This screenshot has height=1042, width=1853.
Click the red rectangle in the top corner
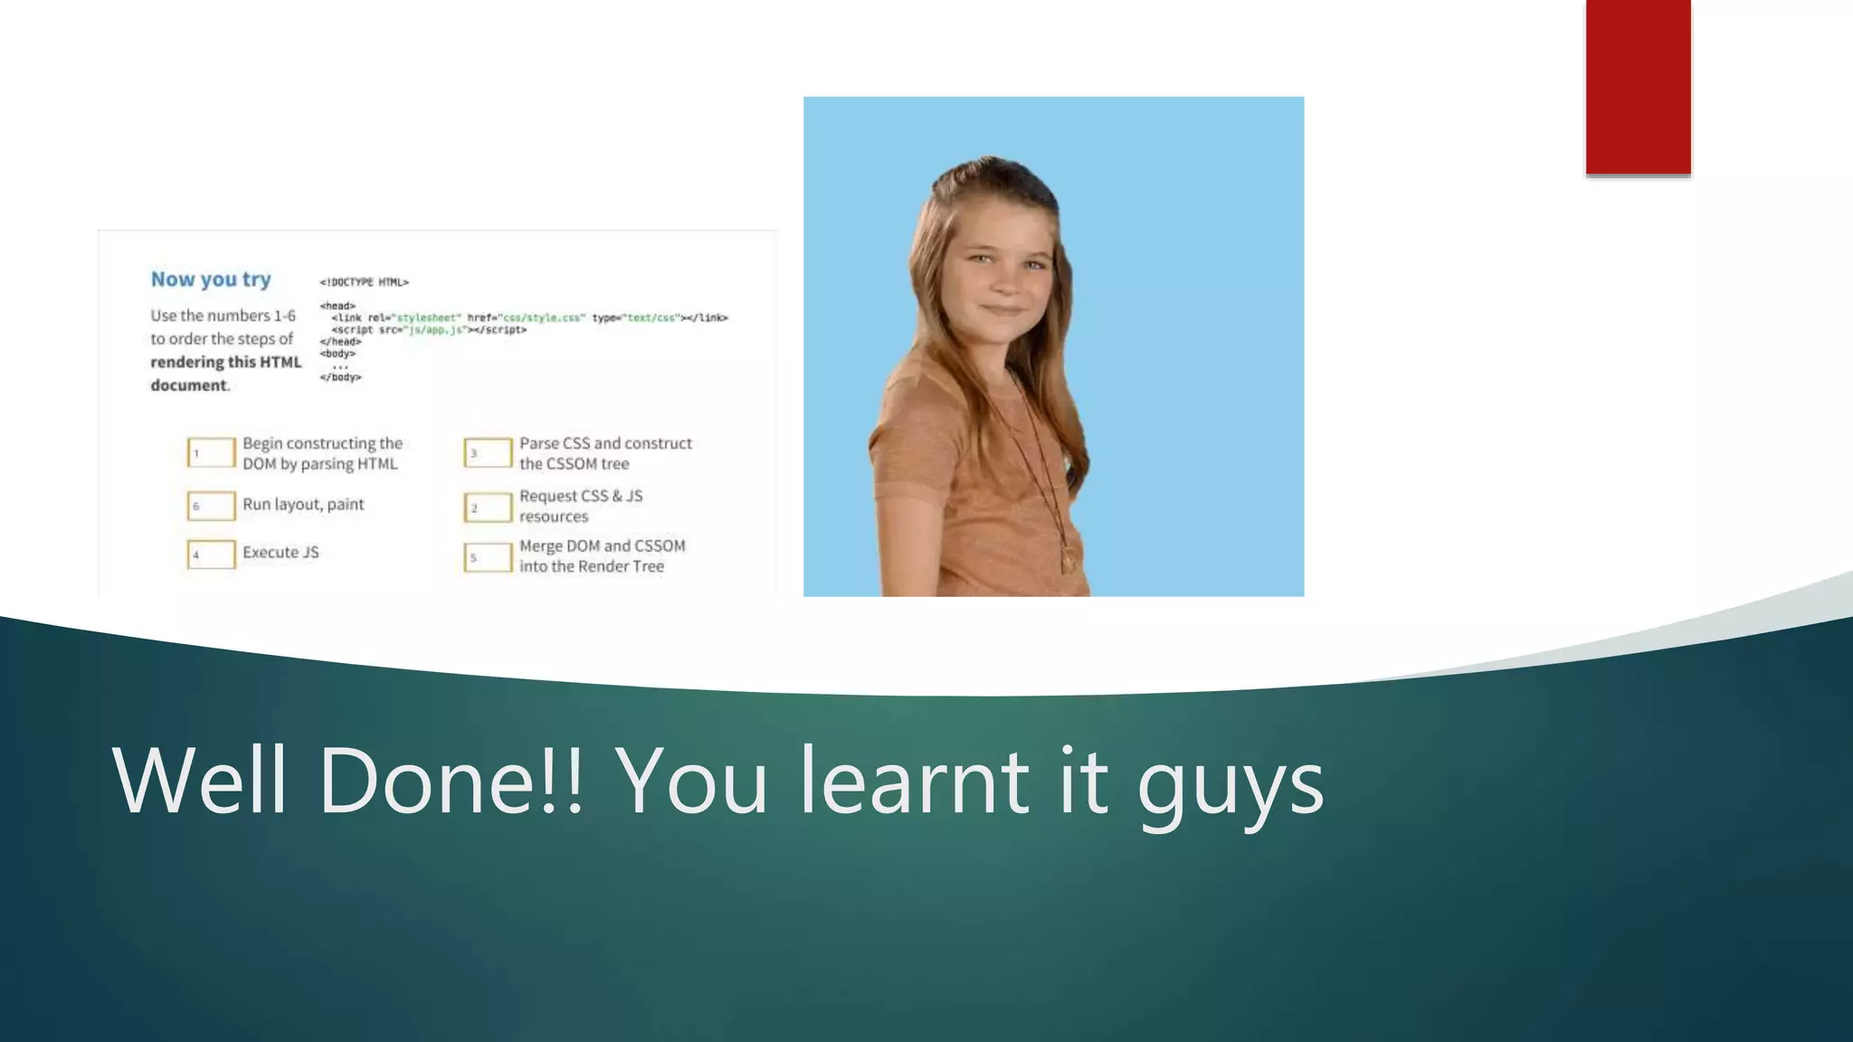1638,87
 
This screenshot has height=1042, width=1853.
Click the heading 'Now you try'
211,279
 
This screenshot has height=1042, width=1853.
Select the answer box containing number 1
212,452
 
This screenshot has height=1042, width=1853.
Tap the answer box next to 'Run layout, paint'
212,506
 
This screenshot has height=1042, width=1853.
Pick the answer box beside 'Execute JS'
212,554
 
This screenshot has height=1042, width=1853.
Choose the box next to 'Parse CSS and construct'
489,452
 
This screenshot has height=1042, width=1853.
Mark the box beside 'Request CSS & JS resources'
489,507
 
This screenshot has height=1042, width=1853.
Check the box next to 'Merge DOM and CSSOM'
489,557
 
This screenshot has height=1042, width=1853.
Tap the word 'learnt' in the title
915,780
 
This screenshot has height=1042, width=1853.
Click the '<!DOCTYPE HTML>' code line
365,282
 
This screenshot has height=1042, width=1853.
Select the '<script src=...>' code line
429,330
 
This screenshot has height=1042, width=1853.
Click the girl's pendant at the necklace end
1069,560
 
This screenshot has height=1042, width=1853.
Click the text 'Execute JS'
280,553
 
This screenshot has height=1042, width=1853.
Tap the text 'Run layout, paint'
303,505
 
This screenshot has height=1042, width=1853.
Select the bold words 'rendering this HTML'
226,362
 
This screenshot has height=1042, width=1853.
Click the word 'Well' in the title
200,780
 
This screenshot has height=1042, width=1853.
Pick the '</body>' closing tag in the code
340,377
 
